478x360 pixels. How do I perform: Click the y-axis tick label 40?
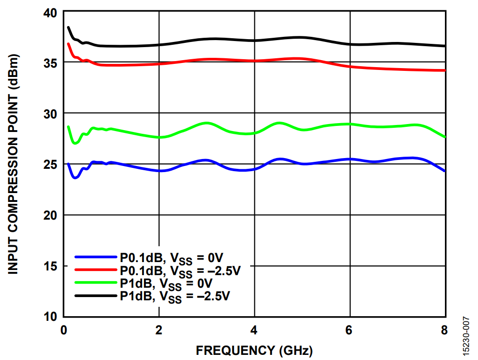(50, 13)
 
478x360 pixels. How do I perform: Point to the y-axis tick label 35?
(50, 63)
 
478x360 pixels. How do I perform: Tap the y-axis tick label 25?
(50, 165)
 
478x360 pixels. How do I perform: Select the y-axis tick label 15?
(50, 266)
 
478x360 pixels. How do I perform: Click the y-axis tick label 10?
(50, 317)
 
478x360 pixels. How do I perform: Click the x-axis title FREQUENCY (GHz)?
(254, 350)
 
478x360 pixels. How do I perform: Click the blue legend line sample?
(96, 257)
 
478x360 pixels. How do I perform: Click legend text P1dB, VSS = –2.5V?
(175, 296)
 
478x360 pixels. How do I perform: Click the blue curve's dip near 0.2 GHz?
(75, 178)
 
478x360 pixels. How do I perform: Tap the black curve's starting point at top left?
(68, 28)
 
